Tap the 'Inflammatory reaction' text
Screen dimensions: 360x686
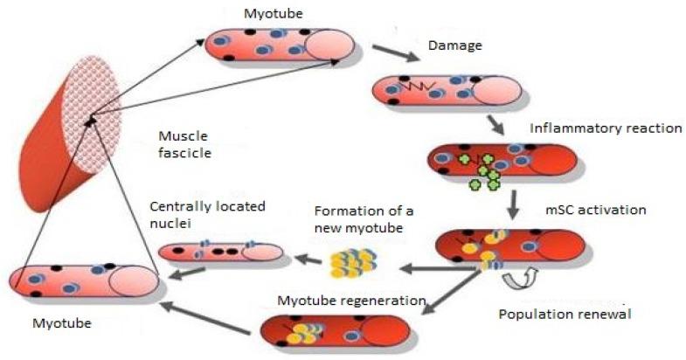605,129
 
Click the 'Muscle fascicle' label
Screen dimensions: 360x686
184,147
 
